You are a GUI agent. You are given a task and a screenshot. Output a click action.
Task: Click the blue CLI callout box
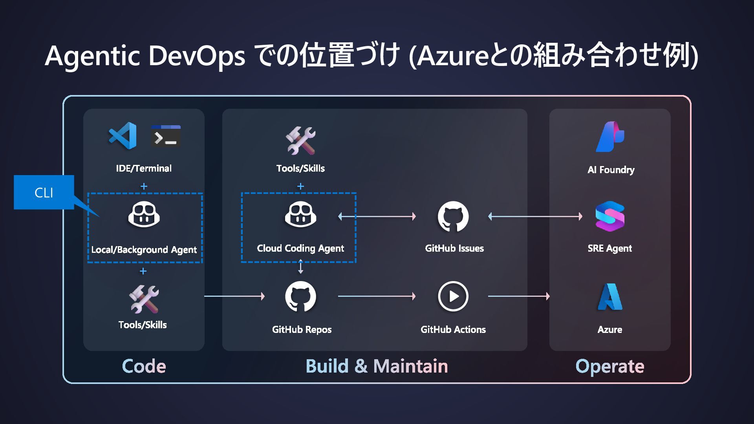click(44, 192)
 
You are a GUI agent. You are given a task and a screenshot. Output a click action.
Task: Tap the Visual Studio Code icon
click(123, 136)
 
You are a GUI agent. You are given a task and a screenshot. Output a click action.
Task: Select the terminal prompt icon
click(166, 136)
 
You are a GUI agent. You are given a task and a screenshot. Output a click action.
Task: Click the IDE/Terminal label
click(144, 168)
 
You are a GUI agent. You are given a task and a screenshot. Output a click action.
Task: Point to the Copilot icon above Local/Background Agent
click(144, 214)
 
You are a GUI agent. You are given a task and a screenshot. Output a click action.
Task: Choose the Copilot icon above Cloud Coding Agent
click(300, 214)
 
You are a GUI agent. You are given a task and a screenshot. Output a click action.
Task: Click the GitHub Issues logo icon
click(453, 216)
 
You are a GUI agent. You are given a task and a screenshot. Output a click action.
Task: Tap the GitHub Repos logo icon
click(300, 296)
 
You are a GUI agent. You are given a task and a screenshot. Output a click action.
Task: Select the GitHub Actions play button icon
click(453, 296)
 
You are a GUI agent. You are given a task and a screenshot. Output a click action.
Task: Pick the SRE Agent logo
click(610, 216)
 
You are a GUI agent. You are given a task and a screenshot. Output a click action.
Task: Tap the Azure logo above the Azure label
click(610, 297)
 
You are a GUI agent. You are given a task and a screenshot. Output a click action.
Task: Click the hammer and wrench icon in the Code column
click(144, 299)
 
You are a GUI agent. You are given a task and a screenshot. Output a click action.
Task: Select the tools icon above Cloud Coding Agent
click(300, 141)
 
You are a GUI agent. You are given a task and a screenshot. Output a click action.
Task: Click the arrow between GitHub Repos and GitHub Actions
click(377, 296)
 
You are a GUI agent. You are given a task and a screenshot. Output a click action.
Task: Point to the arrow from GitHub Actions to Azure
click(519, 296)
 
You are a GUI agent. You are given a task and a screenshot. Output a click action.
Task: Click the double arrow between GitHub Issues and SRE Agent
click(535, 216)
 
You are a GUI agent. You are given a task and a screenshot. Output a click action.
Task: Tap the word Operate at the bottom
click(609, 366)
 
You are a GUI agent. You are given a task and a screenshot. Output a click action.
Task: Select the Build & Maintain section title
click(377, 366)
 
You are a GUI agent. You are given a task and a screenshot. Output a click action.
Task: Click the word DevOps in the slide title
click(197, 55)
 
